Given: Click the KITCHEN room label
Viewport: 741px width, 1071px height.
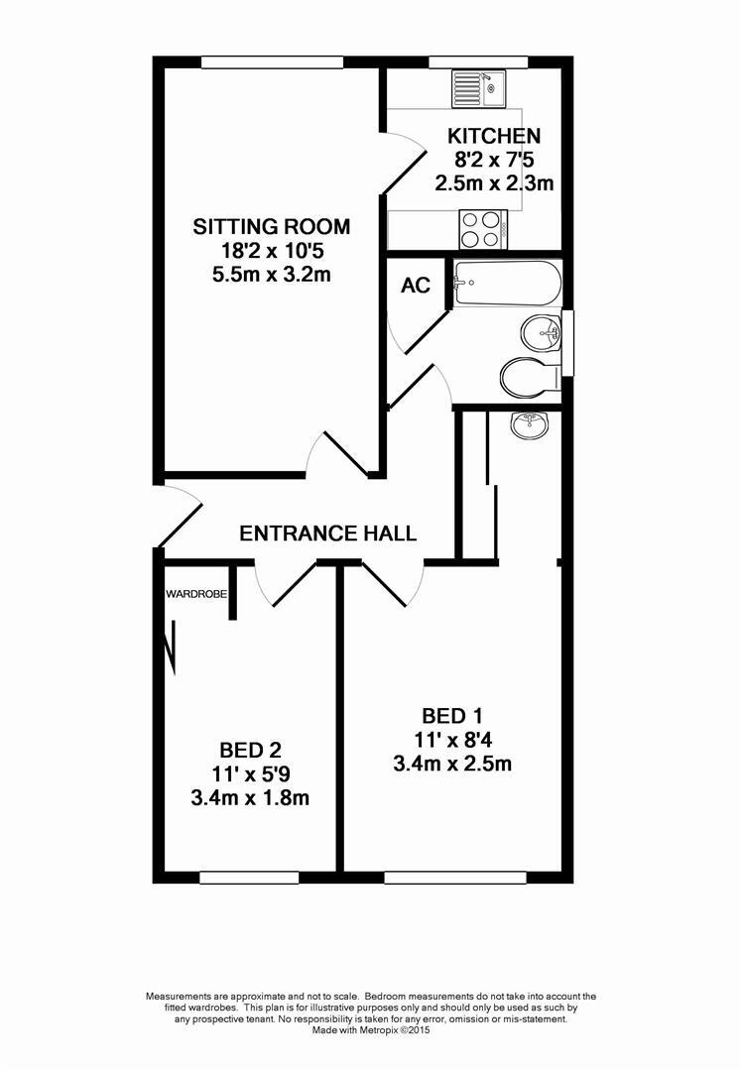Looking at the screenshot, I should [x=493, y=136].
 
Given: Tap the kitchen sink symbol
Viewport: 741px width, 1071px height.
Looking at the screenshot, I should [x=479, y=88].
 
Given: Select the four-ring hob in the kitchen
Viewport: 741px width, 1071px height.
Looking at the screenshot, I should [x=482, y=230].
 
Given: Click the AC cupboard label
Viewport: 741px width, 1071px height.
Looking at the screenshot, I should [x=416, y=286].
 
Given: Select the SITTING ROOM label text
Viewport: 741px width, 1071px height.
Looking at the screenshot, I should [x=271, y=227].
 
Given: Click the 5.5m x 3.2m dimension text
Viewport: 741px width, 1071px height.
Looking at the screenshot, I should [x=271, y=275].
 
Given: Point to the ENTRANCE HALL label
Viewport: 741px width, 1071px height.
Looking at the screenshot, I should [x=328, y=534].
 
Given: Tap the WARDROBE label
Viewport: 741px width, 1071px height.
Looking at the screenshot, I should [x=196, y=594].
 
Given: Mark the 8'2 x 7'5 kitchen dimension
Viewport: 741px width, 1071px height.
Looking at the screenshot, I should [x=493, y=160].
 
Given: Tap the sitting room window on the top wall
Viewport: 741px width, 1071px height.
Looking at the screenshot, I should [x=272, y=61].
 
